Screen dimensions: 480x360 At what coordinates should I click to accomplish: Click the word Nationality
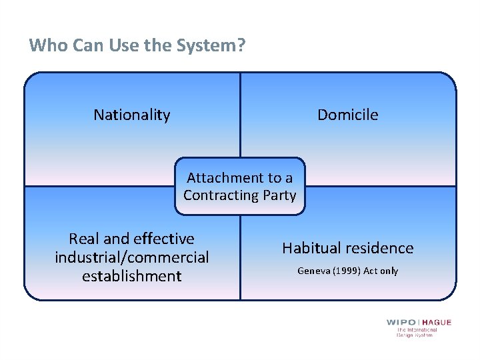pyautogui.click(x=132, y=115)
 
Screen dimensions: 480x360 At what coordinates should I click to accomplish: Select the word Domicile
pyautogui.click(x=347, y=115)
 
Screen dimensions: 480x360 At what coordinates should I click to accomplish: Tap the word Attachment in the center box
pyautogui.click(x=225, y=178)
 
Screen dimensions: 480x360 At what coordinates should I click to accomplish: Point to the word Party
pyautogui.click(x=281, y=195)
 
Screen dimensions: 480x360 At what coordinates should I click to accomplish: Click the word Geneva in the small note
pyautogui.click(x=313, y=271)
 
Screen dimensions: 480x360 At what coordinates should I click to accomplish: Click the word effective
pyautogui.click(x=165, y=239)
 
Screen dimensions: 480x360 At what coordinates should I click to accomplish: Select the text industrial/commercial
pyautogui.click(x=132, y=257)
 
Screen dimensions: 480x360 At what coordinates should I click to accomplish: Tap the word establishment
pyautogui.click(x=132, y=276)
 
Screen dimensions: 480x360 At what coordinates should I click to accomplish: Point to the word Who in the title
pyautogui.click(x=45, y=45)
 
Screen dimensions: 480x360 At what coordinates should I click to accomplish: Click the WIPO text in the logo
pyautogui.click(x=401, y=323)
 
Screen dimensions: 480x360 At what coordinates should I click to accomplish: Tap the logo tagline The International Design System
pyautogui.click(x=417, y=332)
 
